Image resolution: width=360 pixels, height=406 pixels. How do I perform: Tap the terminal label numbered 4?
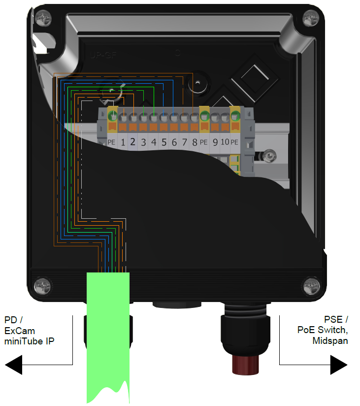click(154, 142)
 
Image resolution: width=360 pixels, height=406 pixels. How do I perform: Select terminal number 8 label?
click(195, 142)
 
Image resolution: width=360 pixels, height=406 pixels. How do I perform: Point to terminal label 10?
click(225, 142)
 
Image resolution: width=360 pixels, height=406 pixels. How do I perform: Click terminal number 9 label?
click(215, 142)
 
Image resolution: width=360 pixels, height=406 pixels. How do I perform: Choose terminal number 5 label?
click(164, 142)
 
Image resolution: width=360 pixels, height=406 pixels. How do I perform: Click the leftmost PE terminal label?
click(111, 142)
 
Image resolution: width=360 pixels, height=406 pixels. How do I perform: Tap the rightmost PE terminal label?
click(235, 142)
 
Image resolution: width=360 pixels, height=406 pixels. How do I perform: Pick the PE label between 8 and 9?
click(204, 142)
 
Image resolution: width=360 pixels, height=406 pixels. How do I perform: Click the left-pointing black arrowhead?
click(14, 365)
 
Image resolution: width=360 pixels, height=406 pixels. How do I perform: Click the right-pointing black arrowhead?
click(339, 365)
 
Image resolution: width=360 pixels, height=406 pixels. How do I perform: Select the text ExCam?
click(20, 331)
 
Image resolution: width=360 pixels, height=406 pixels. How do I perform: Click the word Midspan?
click(330, 340)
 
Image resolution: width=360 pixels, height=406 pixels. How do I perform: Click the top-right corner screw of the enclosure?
click(311, 18)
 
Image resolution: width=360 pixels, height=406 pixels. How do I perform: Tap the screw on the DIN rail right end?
click(268, 156)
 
